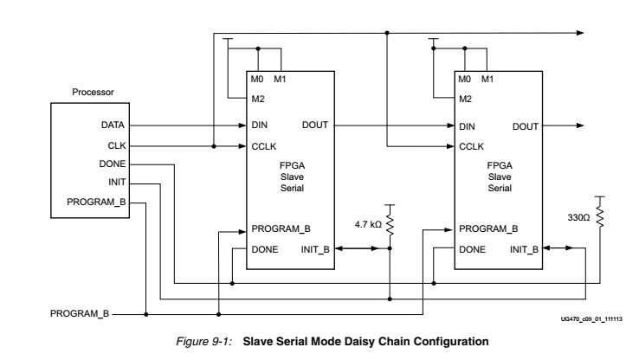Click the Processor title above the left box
click(x=91, y=91)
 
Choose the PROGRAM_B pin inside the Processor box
click(x=100, y=202)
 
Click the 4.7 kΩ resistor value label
click(x=366, y=227)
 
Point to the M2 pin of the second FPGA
click(x=465, y=100)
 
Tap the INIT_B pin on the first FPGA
click(x=316, y=248)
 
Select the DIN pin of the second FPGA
click(x=468, y=126)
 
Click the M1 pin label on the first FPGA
click(x=280, y=80)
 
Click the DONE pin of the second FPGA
click(x=473, y=248)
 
